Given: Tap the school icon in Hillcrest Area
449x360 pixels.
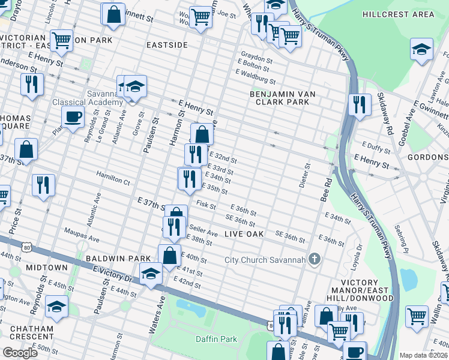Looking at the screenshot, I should point(421,50).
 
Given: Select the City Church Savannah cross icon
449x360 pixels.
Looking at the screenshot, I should point(313,259).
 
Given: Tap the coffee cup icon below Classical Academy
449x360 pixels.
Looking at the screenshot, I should point(74,116).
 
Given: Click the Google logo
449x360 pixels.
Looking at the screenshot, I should point(20,353).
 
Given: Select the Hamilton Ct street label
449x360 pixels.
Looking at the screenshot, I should point(113,180).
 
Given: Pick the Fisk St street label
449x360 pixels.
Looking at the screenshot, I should point(206,205).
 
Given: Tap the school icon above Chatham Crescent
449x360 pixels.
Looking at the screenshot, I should point(57,308).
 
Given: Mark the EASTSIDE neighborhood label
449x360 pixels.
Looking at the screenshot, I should point(167,45).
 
